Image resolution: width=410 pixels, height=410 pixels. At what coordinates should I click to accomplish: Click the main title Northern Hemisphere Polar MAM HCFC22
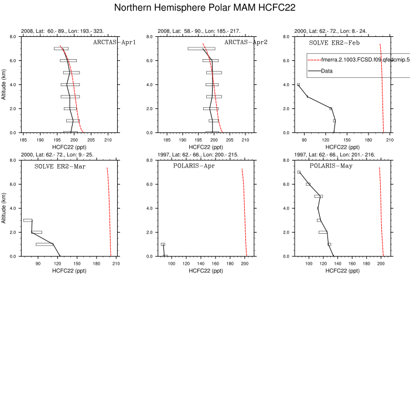[x=204, y=8]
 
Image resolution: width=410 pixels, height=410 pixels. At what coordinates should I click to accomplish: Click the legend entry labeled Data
[x=326, y=71]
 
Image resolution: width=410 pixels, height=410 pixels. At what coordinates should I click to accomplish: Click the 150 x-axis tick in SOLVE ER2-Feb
[x=347, y=140]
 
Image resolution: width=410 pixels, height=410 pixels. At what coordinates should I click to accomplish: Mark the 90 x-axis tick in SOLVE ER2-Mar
[x=38, y=264]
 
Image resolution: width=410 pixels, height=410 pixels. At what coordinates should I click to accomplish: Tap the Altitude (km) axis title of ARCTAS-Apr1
[x=5, y=84]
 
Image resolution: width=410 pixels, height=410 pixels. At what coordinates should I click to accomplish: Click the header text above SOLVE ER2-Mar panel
[x=57, y=155]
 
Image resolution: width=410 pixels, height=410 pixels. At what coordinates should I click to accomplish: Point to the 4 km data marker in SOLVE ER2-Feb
[x=298, y=84]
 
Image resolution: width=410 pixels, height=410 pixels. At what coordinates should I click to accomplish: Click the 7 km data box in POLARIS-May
[x=299, y=172]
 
